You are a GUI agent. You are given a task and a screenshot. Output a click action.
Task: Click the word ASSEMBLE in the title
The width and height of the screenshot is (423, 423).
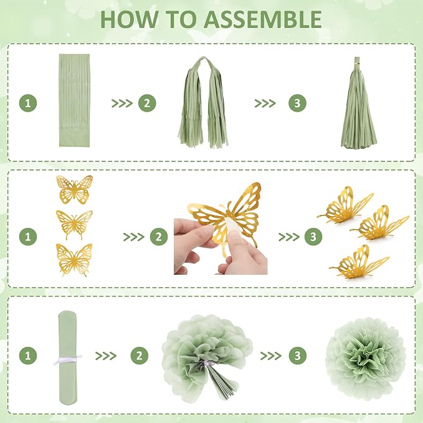point(263,19)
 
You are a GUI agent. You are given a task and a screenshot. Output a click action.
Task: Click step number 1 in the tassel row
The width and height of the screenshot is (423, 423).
point(28,103)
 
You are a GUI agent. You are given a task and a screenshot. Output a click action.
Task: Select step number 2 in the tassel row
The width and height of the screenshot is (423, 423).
point(147,103)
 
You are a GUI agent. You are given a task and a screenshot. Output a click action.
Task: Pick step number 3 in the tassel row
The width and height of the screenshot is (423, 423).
point(297,103)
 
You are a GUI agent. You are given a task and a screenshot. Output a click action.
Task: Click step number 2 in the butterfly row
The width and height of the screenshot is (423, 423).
point(159,237)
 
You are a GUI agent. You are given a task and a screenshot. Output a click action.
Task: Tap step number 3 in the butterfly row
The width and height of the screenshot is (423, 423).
point(313,237)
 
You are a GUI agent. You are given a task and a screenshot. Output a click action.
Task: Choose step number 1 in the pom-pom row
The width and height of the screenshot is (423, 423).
point(28,356)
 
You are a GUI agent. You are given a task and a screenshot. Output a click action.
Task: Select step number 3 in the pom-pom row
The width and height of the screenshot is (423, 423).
point(298,356)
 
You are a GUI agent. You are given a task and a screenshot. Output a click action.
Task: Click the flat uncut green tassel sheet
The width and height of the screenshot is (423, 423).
point(74,100)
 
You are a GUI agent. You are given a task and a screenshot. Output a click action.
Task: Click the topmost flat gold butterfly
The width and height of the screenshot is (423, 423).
point(75,189)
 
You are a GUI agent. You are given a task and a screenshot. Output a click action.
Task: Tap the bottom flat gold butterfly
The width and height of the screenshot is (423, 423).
point(74,260)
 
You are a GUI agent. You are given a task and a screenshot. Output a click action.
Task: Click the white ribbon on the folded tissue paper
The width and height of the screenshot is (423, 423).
point(67,359)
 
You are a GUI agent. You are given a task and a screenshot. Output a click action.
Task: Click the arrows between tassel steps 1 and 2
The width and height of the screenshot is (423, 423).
point(122,103)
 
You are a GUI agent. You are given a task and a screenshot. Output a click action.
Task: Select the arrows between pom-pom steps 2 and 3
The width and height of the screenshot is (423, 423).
point(271,356)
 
